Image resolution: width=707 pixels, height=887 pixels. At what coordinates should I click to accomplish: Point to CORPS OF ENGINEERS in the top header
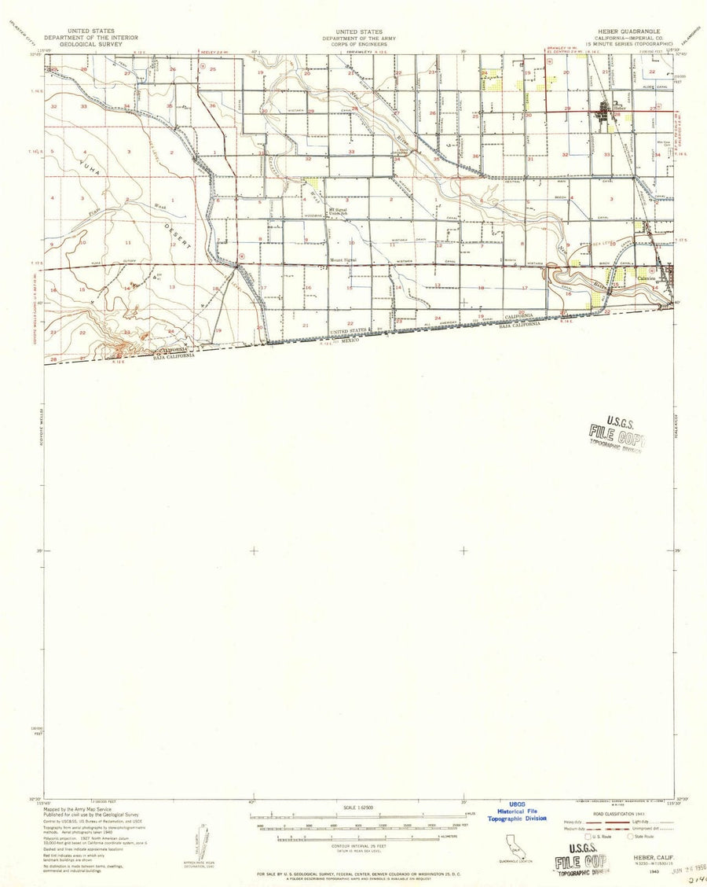(357, 43)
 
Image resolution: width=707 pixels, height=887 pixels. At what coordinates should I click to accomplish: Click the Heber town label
(620, 108)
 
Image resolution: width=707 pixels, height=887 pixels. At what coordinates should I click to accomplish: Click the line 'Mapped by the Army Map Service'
(78, 809)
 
